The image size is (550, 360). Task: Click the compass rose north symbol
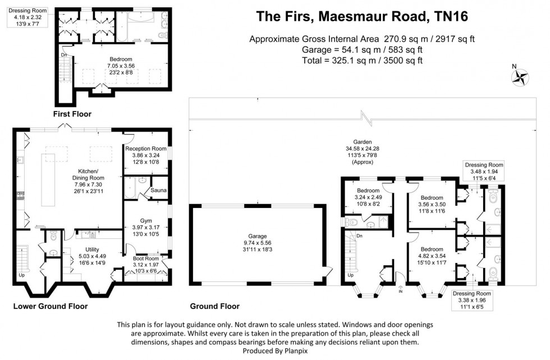[x=520, y=77]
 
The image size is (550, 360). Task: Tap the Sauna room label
[x=158, y=192]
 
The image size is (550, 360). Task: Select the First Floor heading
[x=72, y=114]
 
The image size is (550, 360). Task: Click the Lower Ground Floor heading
[x=51, y=307]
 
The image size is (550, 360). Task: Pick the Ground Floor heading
[x=215, y=307]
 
